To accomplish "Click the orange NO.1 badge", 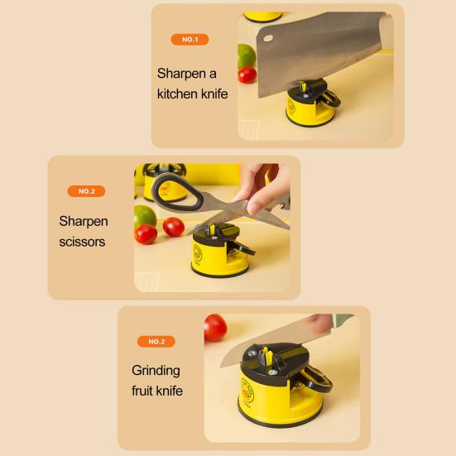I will pyautogui.click(x=190, y=40).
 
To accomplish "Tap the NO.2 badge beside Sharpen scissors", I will pyautogui.click(x=86, y=191).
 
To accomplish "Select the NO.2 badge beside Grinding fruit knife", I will pyautogui.click(x=156, y=341).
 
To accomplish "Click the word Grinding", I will pyautogui.click(x=156, y=370).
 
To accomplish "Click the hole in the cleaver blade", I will pyautogui.click(x=266, y=36).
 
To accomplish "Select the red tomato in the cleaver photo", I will pyautogui.click(x=247, y=74).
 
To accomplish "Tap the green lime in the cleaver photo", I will pyautogui.click(x=246, y=55).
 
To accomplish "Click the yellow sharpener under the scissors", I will pyautogui.click(x=213, y=253).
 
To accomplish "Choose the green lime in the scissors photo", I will pyautogui.click(x=145, y=217).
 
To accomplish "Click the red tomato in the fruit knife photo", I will pyautogui.click(x=215, y=326).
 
